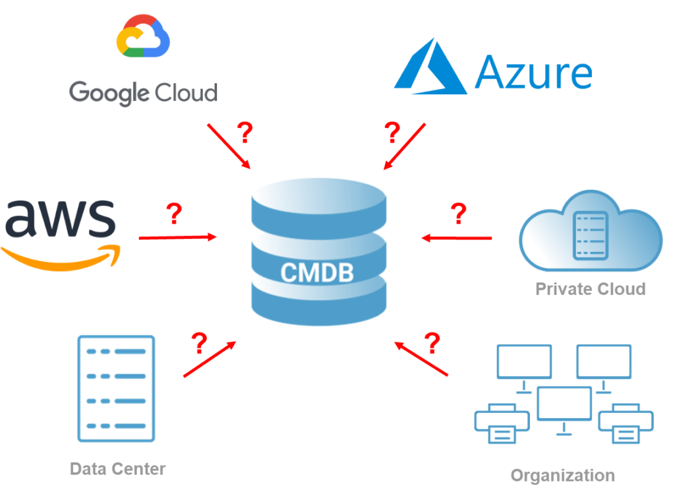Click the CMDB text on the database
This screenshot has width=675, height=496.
point(317,272)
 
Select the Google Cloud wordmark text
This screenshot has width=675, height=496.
point(143,93)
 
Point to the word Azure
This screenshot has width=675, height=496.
point(533,73)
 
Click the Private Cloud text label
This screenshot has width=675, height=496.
point(590,289)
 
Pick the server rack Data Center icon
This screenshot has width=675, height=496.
point(117,388)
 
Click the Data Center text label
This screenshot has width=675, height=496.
point(118,469)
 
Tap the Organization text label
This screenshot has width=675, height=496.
point(562,475)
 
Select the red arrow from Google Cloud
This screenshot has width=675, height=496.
point(229,145)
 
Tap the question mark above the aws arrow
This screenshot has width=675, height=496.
point(173,214)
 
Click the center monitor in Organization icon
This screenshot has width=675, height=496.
point(564,404)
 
